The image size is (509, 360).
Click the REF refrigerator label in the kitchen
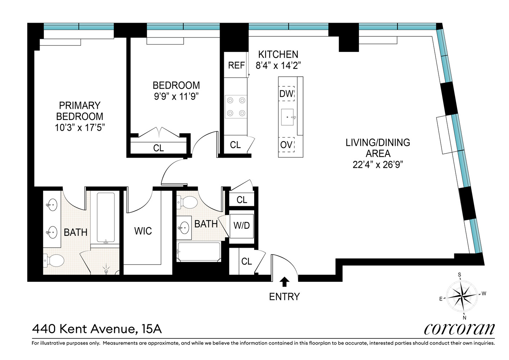(236, 66)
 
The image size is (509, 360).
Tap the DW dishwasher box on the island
(287, 93)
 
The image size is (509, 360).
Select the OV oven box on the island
(286, 145)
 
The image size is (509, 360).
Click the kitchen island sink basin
(288, 117)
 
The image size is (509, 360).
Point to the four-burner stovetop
(236, 107)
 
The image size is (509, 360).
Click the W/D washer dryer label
(242, 225)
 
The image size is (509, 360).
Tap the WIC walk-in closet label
(143, 231)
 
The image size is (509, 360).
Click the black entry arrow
(284, 282)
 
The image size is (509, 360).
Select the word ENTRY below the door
(284, 297)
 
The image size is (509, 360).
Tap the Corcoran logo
(459, 329)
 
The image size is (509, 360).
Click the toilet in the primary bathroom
(54, 260)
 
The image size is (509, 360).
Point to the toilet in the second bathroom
(187, 202)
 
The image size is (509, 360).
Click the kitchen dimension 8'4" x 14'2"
(278, 66)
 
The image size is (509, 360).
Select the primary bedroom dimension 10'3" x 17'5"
(80, 127)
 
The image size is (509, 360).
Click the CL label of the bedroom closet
(158, 148)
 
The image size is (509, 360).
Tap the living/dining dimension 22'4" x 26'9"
(378, 165)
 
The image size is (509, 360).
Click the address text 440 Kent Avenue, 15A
(97, 329)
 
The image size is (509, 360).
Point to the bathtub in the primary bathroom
(106, 217)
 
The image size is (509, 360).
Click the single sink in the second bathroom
(184, 228)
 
